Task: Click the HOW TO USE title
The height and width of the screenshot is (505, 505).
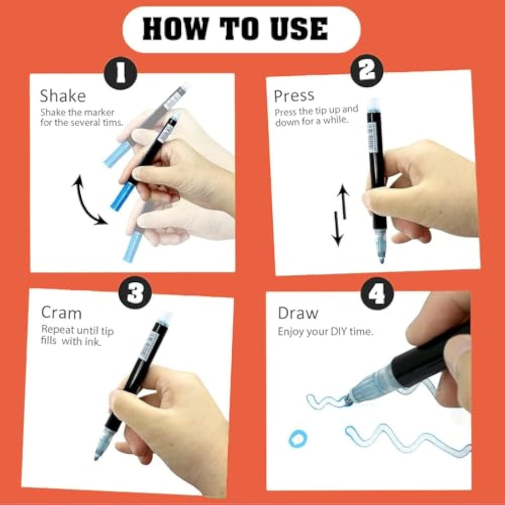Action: coord(235,29)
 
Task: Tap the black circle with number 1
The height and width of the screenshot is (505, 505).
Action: coord(121,73)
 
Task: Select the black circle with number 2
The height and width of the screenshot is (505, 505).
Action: coord(367,71)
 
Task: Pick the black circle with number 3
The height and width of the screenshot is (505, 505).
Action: coord(135,293)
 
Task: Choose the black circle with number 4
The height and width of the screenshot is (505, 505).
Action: coord(377,293)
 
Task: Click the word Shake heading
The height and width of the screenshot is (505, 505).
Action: coord(63,95)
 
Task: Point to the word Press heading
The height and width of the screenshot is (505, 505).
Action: coord(294,95)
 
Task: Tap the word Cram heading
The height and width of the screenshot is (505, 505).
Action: coord(61,313)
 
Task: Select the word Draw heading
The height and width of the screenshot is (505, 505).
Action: coord(298,313)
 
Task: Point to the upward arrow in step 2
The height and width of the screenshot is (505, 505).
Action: coord(343,202)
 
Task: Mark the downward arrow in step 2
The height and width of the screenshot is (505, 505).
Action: coord(337,229)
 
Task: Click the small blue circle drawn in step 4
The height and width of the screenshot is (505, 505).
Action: coord(298,439)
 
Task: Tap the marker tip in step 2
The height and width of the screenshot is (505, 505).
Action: coord(382,260)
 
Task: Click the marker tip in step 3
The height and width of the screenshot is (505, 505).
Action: coord(96,457)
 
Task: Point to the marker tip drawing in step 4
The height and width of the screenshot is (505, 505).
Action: coord(348,400)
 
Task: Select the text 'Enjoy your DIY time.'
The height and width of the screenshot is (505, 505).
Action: coord(325,332)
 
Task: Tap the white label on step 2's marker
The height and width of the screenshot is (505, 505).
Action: coord(372,137)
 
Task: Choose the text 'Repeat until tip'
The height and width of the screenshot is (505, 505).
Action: coord(77,330)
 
